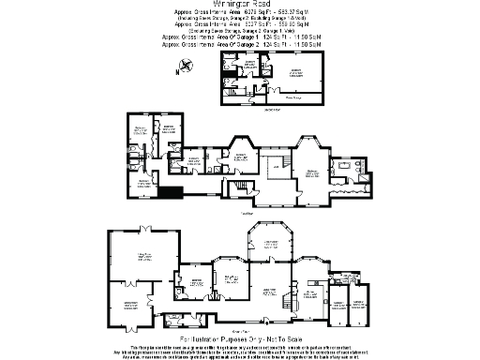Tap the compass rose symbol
(x=186, y=66)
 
